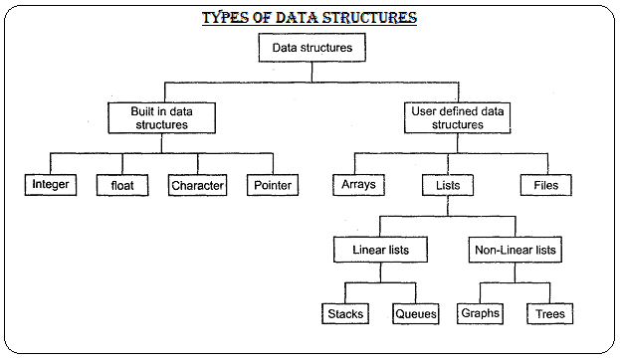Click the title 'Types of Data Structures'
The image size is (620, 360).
[309, 18]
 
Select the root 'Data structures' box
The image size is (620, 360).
[312, 47]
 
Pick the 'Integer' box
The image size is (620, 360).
[50, 185]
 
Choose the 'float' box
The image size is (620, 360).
[121, 185]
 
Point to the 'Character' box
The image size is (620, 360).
[198, 185]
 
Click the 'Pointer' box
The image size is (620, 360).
[272, 185]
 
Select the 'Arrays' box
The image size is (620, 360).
[358, 185]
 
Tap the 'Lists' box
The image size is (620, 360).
[448, 185]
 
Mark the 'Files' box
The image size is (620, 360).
[545, 185]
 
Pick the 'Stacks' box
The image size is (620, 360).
[345, 314]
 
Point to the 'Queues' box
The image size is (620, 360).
[415, 314]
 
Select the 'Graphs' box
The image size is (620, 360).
[480, 313]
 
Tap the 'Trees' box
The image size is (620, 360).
[550, 314]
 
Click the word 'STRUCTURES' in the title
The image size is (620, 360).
[363, 18]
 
